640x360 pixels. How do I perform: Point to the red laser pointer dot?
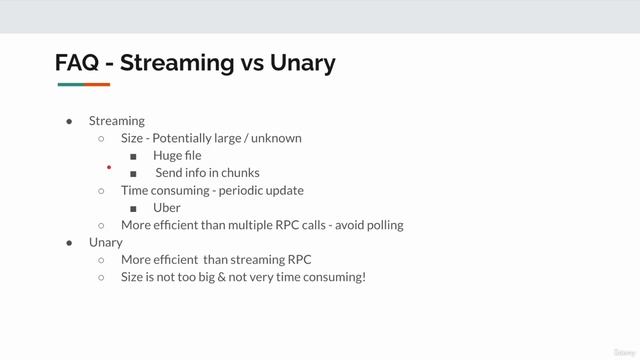click(x=108, y=169)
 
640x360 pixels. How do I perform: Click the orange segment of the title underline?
click(x=97, y=85)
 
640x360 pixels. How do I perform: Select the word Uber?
click(x=167, y=208)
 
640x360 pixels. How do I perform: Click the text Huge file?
click(x=177, y=156)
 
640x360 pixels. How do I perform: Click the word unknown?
click(x=277, y=138)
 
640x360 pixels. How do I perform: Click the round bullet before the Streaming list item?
click(x=69, y=121)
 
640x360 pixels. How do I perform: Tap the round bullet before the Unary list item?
click(x=69, y=243)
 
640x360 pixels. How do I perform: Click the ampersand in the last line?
click(x=226, y=277)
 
